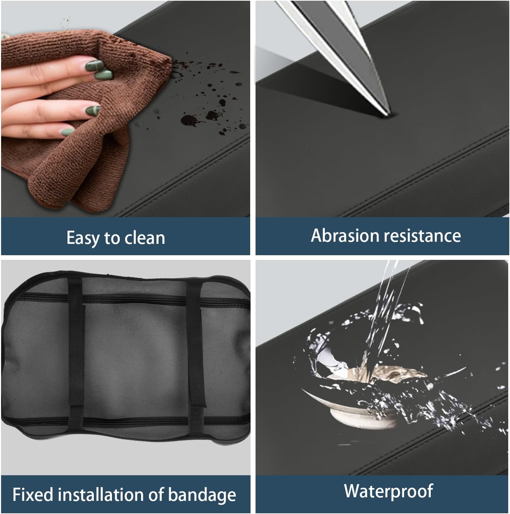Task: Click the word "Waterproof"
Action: click(x=389, y=491)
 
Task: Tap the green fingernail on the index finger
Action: click(x=95, y=65)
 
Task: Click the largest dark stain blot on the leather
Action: click(x=190, y=120)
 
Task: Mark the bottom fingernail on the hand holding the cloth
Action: click(x=68, y=132)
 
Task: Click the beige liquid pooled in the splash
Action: click(x=384, y=374)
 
